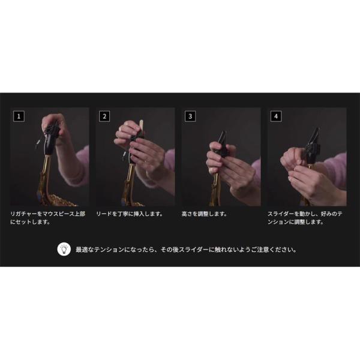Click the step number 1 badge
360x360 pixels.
point(19,116)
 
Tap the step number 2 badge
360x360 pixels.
point(104,116)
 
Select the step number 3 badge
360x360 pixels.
point(190,116)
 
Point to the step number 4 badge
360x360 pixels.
point(276,116)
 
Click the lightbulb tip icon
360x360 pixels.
point(64,249)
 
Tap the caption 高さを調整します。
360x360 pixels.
point(205,214)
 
